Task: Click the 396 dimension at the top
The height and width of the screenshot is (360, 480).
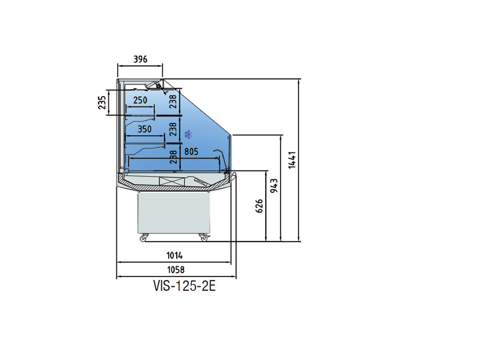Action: tap(140, 60)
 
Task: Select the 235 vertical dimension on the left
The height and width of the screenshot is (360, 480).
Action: tap(102, 102)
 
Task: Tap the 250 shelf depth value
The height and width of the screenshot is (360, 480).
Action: tap(140, 100)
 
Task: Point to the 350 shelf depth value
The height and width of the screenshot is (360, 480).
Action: tap(144, 129)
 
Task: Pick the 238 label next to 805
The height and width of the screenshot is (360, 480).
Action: tap(173, 157)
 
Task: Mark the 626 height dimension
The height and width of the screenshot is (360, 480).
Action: tap(259, 206)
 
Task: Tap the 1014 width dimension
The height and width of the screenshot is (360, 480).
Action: tap(174, 255)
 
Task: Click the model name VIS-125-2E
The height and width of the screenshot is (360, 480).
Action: tap(184, 286)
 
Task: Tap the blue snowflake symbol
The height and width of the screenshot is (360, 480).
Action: tap(188, 134)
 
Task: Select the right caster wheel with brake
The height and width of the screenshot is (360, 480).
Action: tap(204, 238)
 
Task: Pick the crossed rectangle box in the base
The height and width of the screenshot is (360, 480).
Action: tap(172, 181)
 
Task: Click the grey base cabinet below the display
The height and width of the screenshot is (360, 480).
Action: tap(174, 212)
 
